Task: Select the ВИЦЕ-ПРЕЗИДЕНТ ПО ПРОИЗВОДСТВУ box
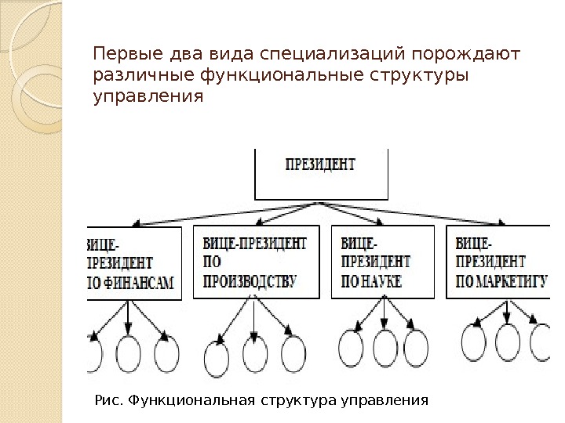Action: tap(253, 262)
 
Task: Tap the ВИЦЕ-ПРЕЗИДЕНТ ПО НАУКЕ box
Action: tap(382, 262)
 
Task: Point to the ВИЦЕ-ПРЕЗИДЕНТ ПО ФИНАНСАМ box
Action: tap(133, 262)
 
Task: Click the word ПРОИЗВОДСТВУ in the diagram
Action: tap(250, 282)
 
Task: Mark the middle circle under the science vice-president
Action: tap(385, 348)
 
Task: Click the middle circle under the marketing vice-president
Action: tap(508, 342)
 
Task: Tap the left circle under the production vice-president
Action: tap(216, 360)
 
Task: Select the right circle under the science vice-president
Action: tap(415, 349)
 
